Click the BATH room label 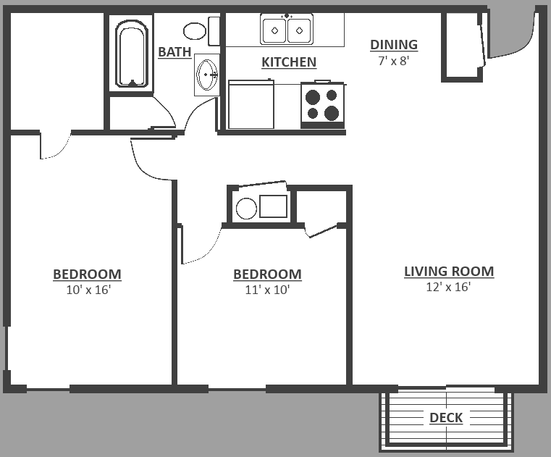pyautogui.click(x=174, y=51)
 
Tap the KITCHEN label pyautogui.click(x=288, y=62)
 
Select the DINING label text pyautogui.click(x=394, y=45)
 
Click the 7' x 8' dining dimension pyautogui.click(x=394, y=61)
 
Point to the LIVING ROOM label pyautogui.click(x=449, y=272)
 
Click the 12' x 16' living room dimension pyautogui.click(x=449, y=287)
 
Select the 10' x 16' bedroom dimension pyautogui.click(x=87, y=290)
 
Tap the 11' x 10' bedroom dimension pyautogui.click(x=267, y=290)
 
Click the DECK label pyautogui.click(x=445, y=418)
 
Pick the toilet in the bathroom pyautogui.click(x=194, y=31)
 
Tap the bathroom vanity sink pyautogui.click(x=208, y=75)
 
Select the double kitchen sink pyautogui.click(x=287, y=30)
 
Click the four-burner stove pyautogui.click(x=322, y=104)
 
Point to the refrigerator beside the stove pyautogui.click(x=251, y=104)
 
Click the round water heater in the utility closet pyautogui.click(x=246, y=208)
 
